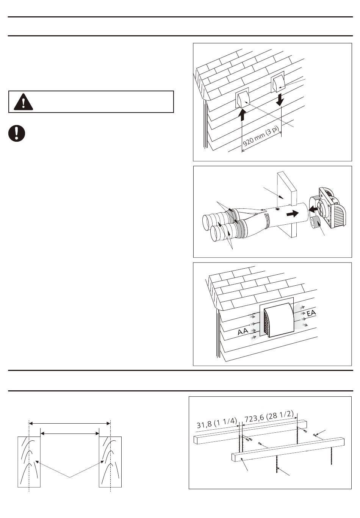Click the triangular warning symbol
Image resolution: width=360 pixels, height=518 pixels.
point(23,102)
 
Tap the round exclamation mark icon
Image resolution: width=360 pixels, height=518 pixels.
point(17,133)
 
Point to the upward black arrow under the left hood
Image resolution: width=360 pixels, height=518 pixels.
point(243,114)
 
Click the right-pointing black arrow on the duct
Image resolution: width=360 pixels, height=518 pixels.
point(292,214)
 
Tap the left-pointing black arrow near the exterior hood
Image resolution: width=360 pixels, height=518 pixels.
point(313,208)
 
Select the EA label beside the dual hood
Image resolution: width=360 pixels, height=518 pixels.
point(311,313)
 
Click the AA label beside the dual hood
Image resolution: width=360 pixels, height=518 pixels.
point(243,332)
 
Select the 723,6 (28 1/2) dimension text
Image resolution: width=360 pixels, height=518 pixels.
point(269,416)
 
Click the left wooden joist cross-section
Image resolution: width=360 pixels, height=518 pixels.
point(29,461)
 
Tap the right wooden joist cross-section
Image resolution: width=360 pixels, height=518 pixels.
point(110,461)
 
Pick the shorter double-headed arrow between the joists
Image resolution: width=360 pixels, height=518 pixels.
point(69,432)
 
